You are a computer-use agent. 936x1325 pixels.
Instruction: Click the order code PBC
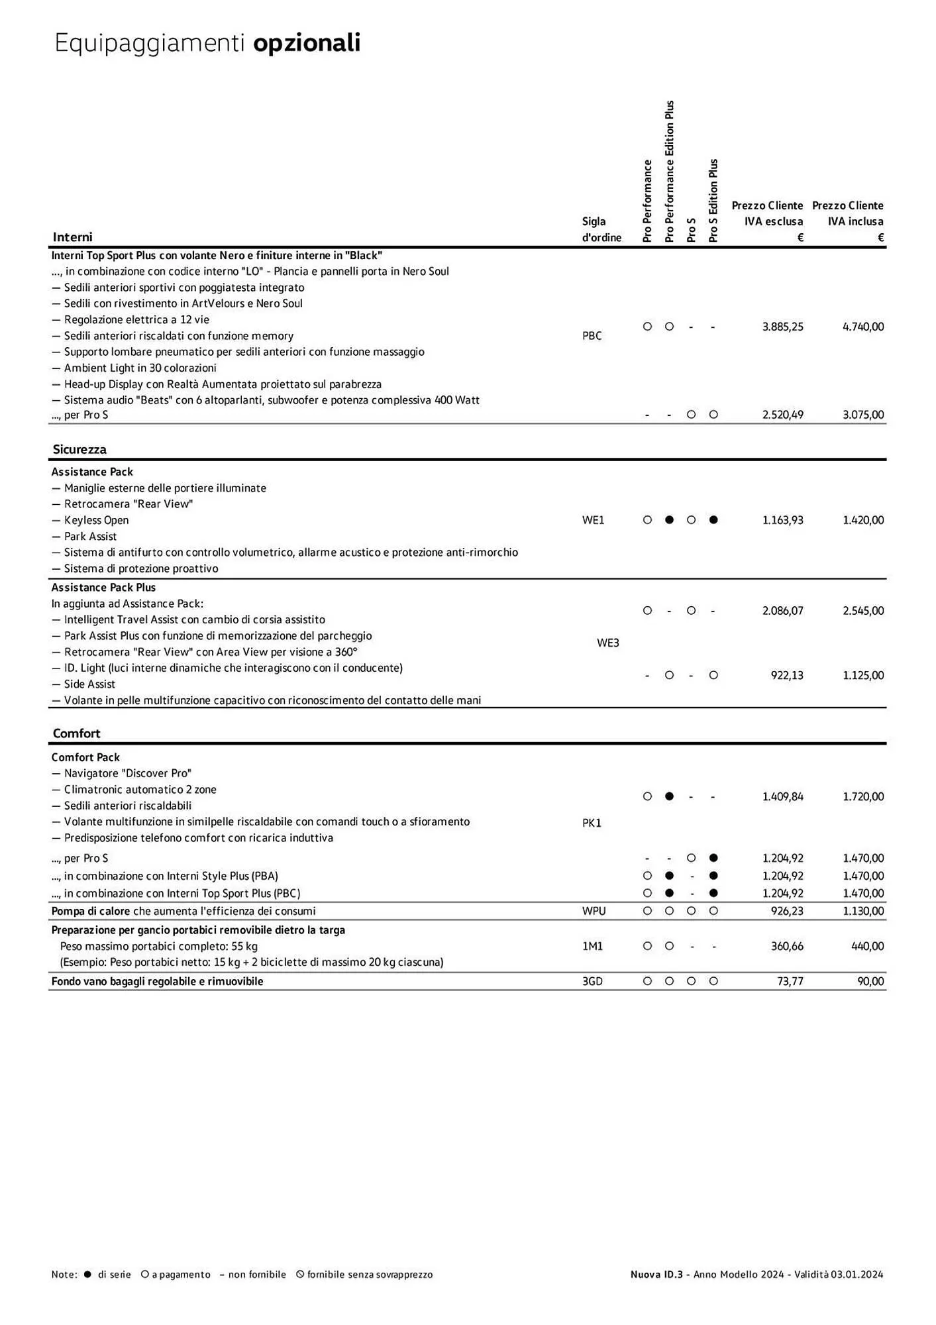click(592, 336)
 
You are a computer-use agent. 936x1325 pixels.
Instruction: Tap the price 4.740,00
click(862, 327)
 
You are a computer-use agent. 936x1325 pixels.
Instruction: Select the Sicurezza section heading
click(79, 449)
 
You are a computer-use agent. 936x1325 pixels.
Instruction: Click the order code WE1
click(593, 520)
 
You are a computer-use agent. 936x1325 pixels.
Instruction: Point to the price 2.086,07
click(782, 611)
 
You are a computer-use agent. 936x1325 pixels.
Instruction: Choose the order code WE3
click(607, 643)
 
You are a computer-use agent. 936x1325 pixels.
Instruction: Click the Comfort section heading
click(76, 733)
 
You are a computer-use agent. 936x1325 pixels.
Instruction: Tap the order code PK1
click(592, 823)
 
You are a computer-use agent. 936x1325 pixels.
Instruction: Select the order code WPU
click(594, 911)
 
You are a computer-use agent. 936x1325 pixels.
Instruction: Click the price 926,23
click(787, 911)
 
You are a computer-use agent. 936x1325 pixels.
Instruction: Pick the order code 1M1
click(592, 946)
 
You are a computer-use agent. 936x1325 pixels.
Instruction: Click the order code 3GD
click(592, 981)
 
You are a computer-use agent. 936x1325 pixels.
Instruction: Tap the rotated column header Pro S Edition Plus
click(713, 200)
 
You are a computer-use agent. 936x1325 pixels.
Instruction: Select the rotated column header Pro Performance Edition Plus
click(669, 171)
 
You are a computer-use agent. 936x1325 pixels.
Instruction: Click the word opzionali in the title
click(307, 43)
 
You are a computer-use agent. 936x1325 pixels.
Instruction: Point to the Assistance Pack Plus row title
click(103, 588)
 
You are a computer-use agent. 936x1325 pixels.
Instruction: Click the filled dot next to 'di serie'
click(87, 1274)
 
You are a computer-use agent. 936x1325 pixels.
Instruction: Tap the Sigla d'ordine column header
click(601, 229)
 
